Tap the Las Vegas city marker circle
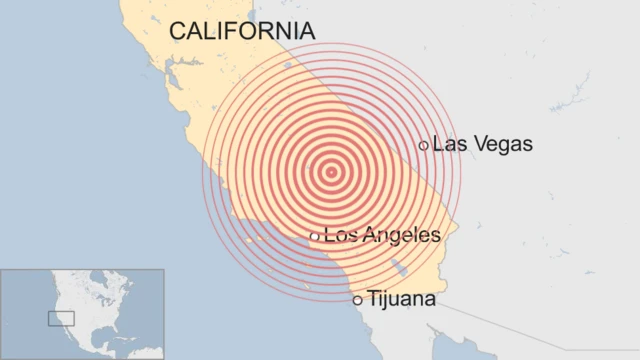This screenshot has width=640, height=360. point(424,145)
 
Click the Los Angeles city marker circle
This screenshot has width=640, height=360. point(314,237)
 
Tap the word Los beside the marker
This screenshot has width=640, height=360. point(340,236)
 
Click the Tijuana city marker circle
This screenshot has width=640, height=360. point(357,299)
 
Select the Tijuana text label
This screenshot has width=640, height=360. point(401,298)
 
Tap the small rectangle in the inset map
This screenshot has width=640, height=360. point(61,319)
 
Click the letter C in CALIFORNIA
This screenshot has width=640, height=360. point(178,31)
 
